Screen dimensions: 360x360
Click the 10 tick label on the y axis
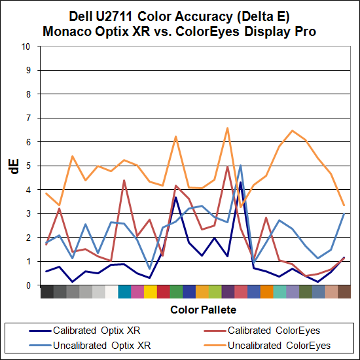[x=25, y=46]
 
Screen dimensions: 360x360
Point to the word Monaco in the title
[x=70, y=31]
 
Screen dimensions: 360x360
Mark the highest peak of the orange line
[x=227, y=128]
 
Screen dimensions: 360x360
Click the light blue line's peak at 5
[x=240, y=166]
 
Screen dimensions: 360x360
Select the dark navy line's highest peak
[x=240, y=183]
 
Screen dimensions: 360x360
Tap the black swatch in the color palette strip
[x=46, y=292]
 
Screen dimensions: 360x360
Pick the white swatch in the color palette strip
[x=111, y=292]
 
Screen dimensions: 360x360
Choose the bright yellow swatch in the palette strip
[x=150, y=292]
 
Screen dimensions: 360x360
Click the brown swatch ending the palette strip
[x=344, y=292]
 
